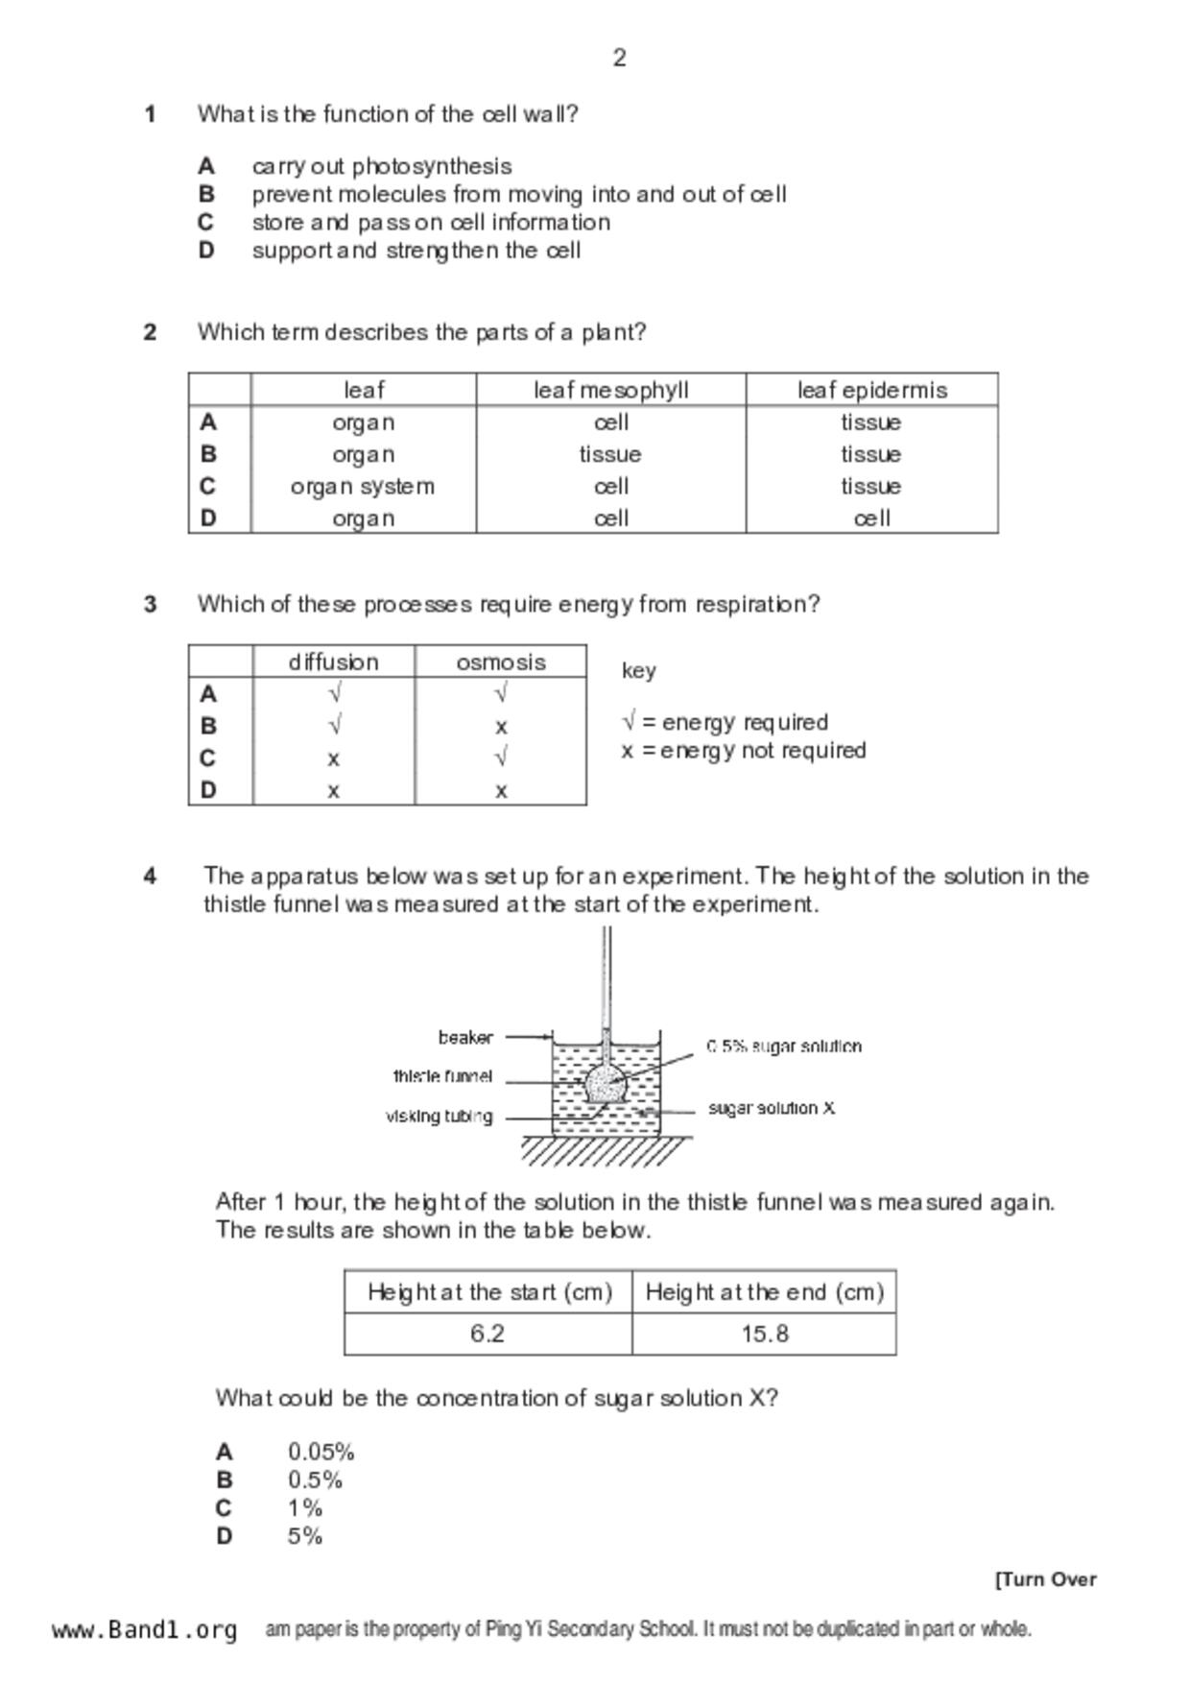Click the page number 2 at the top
point(619,59)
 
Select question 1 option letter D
point(206,251)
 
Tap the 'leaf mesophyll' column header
point(610,390)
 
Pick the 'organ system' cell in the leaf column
point(363,487)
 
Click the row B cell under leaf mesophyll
point(610,454)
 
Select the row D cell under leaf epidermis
point(871,518)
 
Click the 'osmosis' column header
point(500,662)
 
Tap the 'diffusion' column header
point(333,662)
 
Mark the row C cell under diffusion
point(333,759)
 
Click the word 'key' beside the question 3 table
point(638,670)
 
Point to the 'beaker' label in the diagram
point(465,1038)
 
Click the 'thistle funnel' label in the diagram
point(442,1076)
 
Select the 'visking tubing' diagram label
point(439,1117)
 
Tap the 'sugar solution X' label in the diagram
point(772,1108)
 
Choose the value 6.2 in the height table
point(487,1334)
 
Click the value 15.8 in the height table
point(765,1334)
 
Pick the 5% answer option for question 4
point(305,1536)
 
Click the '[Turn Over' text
point(1045,1579)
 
